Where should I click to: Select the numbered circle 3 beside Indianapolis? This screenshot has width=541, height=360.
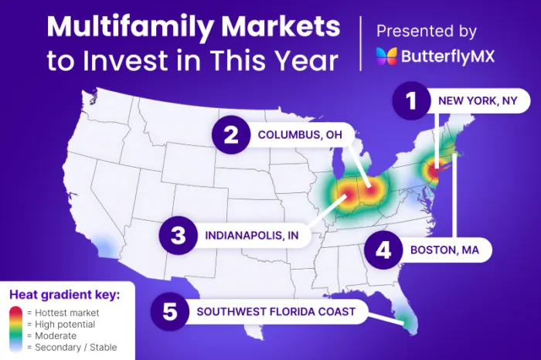point(178,234)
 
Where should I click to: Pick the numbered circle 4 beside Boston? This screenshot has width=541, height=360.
point(383,250)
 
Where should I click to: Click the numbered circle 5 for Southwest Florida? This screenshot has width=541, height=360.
point(170,311)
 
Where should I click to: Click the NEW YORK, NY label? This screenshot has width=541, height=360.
point(472,101)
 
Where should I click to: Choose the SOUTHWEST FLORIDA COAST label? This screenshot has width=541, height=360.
point(276,311)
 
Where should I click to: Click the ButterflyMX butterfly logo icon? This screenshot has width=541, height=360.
point(386,56)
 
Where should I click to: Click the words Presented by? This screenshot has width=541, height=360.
point(426,31)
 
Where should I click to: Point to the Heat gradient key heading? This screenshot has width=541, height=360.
point(63,294)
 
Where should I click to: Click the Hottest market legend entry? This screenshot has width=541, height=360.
point(68,312)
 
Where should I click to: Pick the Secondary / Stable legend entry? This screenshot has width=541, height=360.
point(70,347)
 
